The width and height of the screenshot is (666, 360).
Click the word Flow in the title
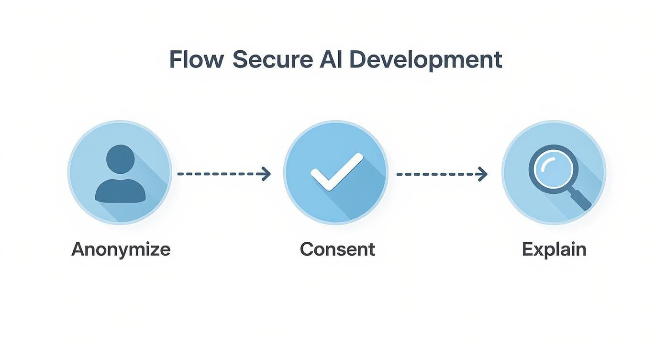click(196, 60)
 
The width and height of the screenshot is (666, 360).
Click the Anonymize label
click(121, 250)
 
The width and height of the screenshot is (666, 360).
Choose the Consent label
click(337, 249)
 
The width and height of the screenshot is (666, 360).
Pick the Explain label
click(554, 250)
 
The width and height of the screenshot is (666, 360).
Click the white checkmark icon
click(336, 172)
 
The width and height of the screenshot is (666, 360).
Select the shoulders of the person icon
click(120, 191)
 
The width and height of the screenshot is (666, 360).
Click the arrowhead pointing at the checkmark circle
click(266, 174)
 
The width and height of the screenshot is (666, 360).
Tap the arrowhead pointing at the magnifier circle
click(483, 174)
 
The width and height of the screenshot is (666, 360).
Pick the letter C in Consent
click(306, 249)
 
